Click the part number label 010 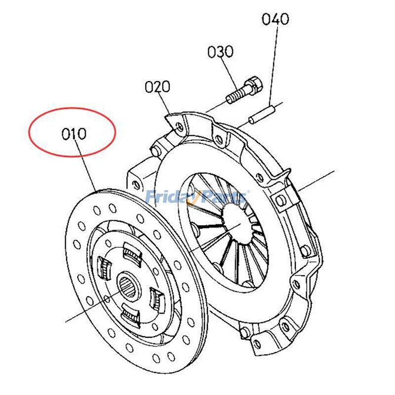click(74, 133)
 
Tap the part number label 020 click(157, 87)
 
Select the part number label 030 click(220, 52)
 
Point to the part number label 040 click(275, 19)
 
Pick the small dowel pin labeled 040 click(261, 114)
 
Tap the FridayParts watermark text click(197, 197)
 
